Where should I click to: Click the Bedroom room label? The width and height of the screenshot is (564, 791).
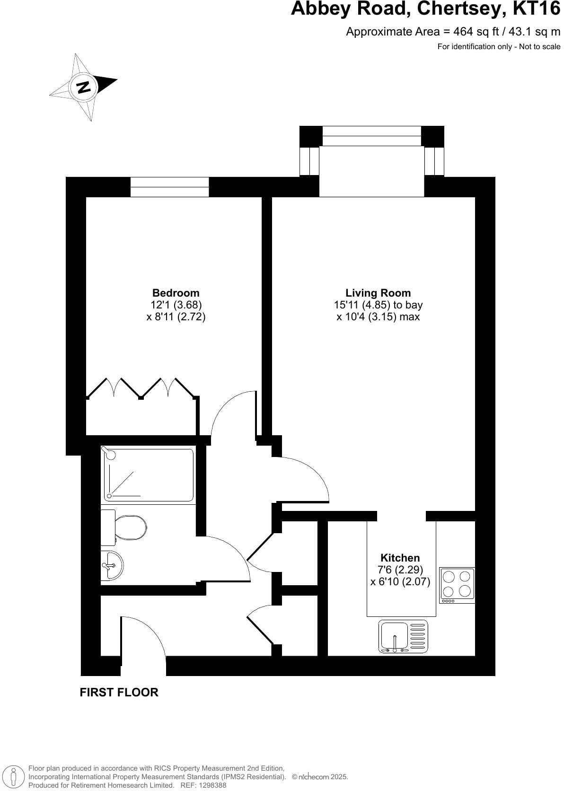176,293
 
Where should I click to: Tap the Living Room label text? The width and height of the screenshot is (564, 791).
378,293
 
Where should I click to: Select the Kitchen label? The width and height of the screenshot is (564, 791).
400,558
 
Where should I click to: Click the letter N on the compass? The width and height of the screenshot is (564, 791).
84,87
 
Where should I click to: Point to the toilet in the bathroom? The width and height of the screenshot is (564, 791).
129,527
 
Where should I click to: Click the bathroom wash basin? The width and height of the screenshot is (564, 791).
112,565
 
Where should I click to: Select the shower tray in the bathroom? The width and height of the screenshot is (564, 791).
149,475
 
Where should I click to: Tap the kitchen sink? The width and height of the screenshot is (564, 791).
403,636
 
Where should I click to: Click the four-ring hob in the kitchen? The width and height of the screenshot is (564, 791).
457,584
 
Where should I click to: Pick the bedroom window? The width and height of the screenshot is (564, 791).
169,187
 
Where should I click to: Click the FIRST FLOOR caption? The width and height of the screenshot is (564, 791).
119,692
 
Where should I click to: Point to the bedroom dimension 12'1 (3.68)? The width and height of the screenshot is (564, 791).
176,305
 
